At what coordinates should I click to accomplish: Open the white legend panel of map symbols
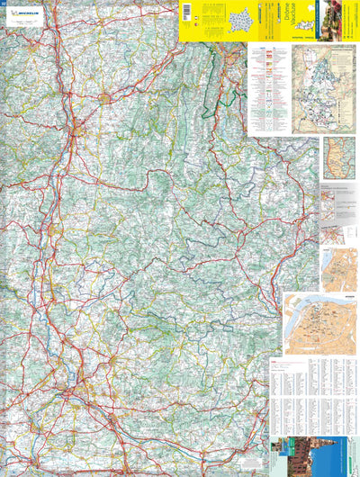pos(268,90)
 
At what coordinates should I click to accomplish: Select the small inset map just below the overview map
pos(340,157)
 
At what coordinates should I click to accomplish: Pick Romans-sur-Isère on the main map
pos(107,96)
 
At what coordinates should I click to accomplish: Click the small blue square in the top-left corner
pos(4,4)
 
